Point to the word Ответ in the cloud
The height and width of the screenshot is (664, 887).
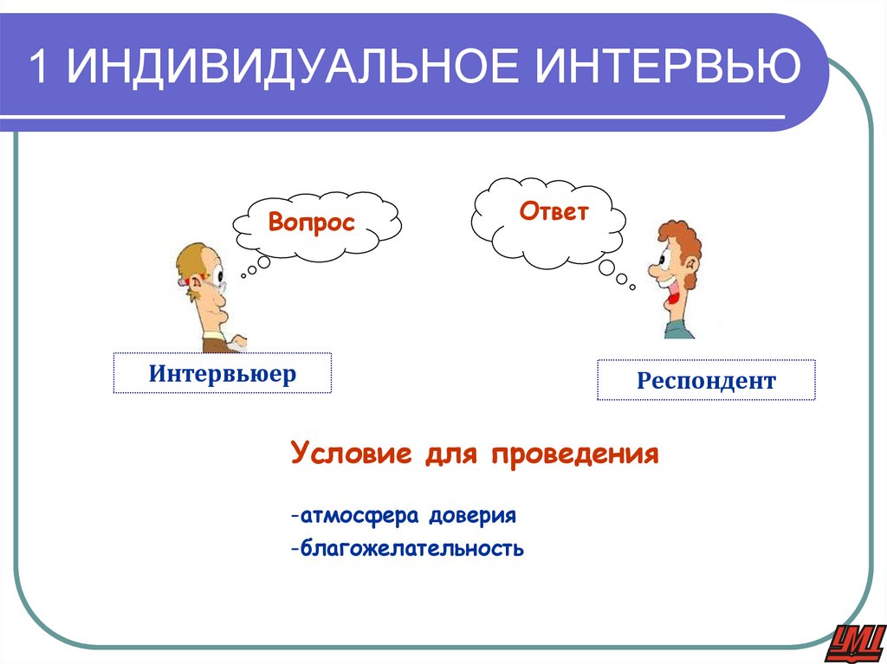point(554,211)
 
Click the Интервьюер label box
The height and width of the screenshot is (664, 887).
point(223,374)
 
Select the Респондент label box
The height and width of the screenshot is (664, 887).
point(706,380)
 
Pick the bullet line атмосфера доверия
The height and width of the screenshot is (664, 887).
point(404,516)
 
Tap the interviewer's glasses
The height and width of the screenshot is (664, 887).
point(217,280)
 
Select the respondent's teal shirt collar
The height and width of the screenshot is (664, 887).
point(678,328)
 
